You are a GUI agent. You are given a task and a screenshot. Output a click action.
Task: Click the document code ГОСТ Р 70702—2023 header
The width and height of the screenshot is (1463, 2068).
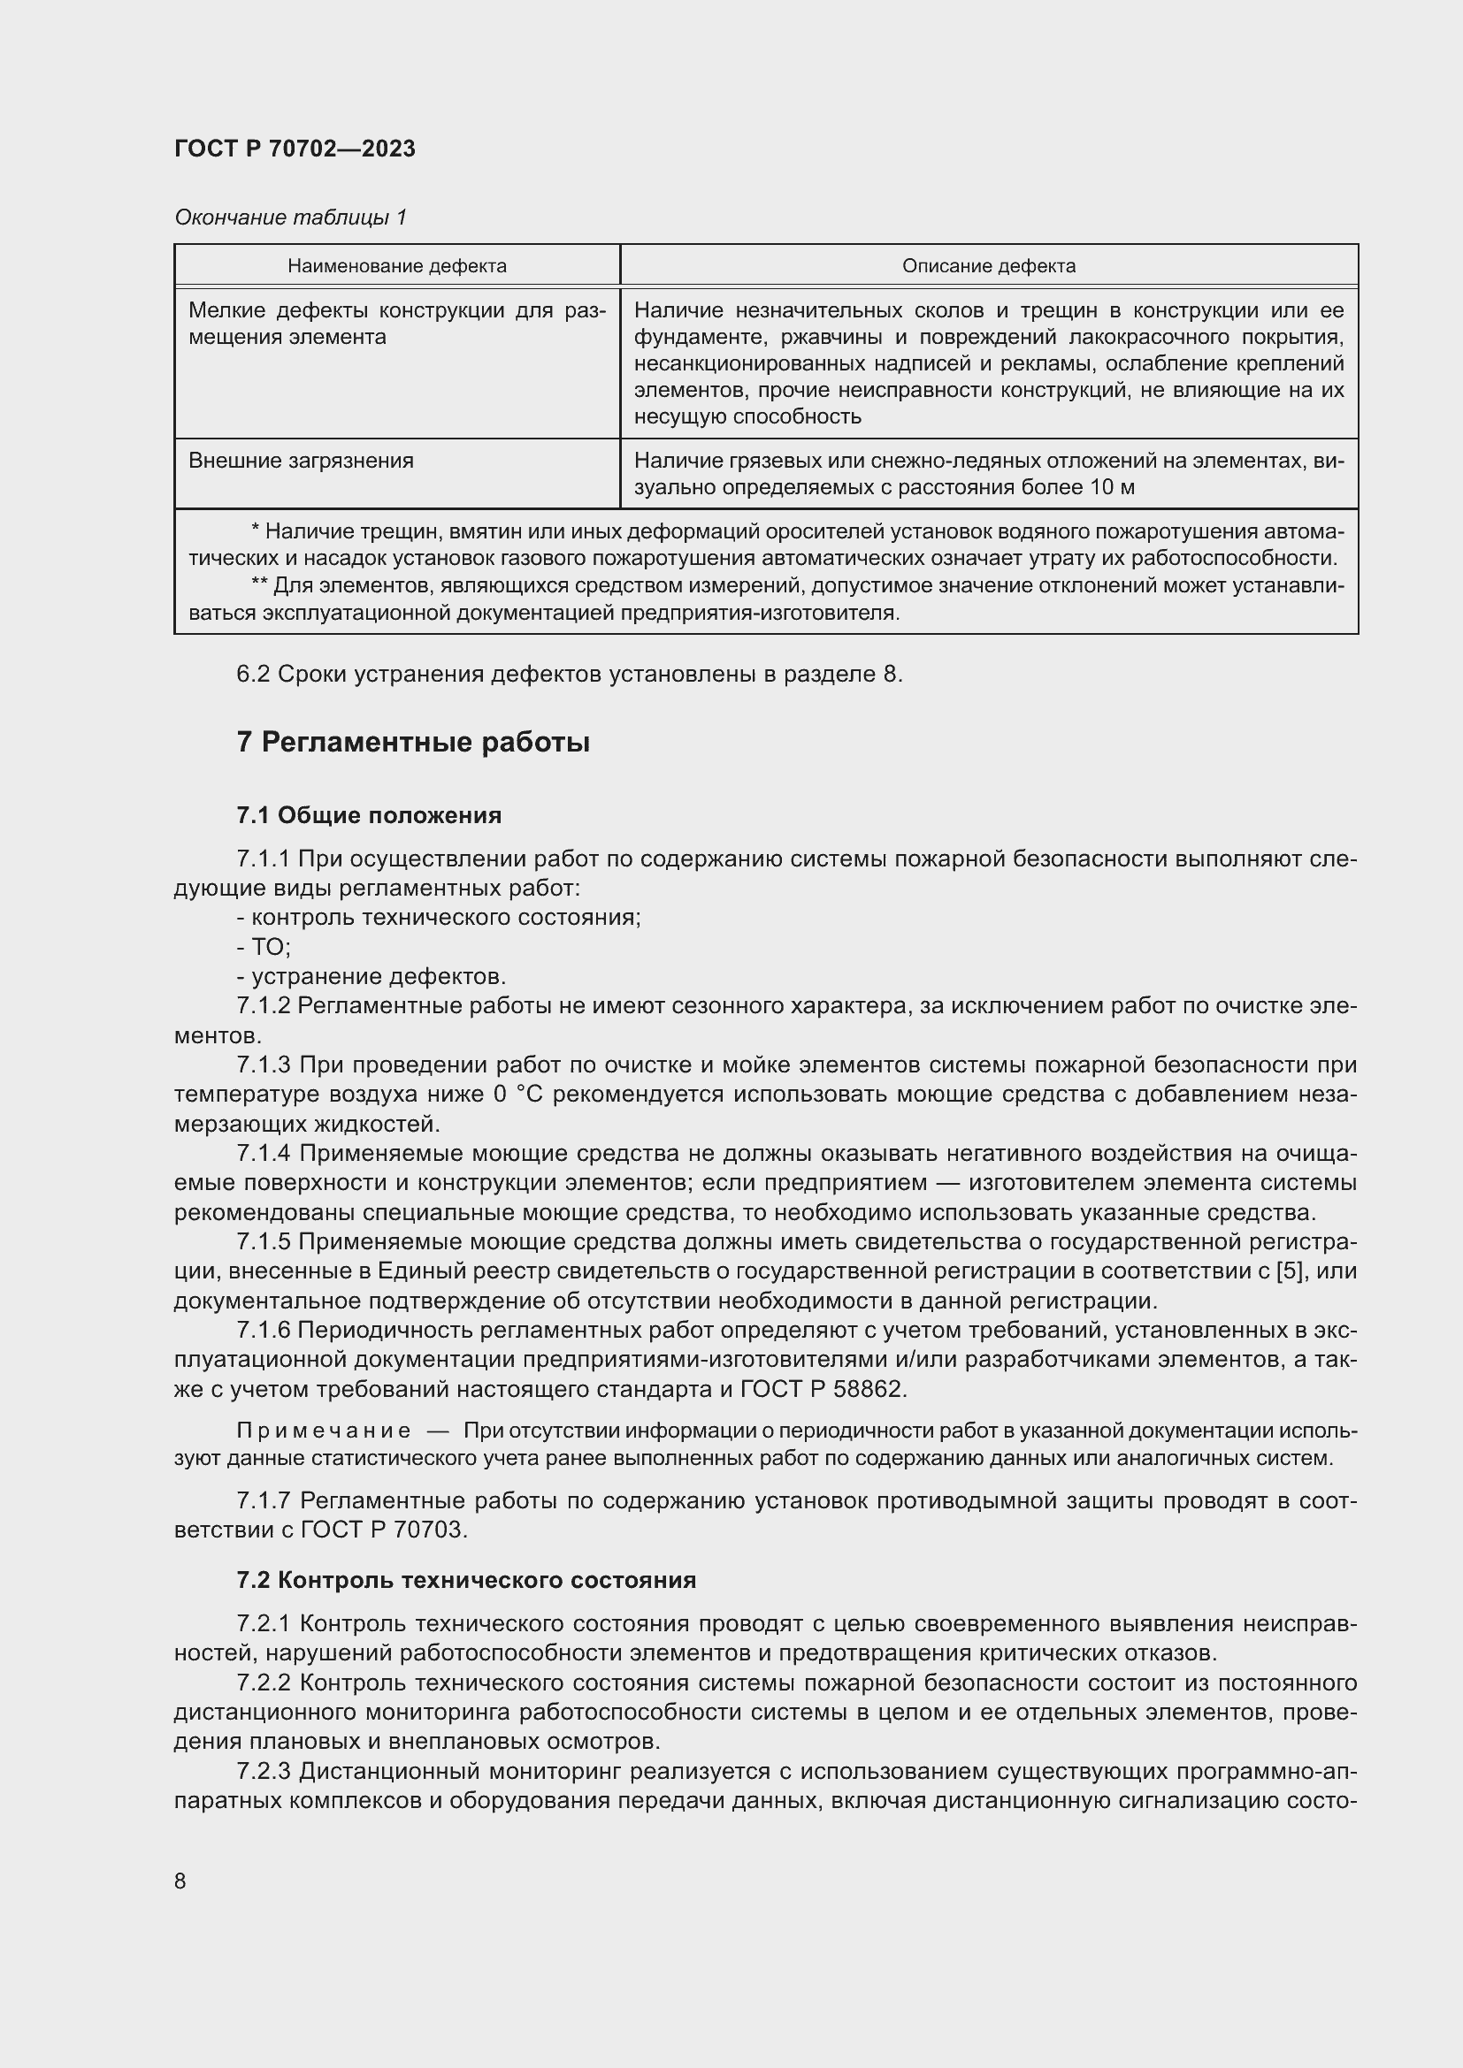pos(295,149)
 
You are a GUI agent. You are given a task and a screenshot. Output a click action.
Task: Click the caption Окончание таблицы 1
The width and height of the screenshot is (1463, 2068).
pos(290,217)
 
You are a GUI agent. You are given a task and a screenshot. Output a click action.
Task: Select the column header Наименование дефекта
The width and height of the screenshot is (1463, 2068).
pos(396,266)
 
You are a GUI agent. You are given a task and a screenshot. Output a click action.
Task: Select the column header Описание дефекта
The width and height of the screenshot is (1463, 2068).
pos(988,266)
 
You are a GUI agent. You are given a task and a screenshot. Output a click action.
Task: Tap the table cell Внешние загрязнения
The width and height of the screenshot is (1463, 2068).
pos(301,461)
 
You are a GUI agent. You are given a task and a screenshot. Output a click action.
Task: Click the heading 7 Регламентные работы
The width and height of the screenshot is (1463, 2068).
pos(412,742)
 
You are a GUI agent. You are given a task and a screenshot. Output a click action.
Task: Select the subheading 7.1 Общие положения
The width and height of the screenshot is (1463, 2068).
pos(369,815)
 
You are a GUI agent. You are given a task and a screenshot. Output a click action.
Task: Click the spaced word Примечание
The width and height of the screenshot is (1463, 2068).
pos(324,1431)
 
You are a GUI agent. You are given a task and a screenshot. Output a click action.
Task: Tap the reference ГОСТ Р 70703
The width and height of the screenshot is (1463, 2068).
pos(384,1530)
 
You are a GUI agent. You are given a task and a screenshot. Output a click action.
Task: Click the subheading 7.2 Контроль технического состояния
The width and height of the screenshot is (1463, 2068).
pos(466,1580)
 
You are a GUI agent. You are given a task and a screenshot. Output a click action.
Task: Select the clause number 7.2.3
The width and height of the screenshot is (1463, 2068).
pos(263,1772)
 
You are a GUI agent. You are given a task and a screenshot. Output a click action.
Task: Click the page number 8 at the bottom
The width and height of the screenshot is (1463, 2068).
pos(180,1881)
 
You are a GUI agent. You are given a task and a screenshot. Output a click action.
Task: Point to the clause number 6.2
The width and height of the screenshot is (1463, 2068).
pos(252,674)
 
